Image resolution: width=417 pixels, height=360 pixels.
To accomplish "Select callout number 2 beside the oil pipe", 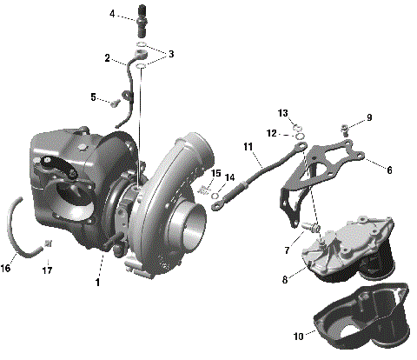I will click(108, 59).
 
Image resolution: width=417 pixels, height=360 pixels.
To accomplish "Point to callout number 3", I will click(171, 55).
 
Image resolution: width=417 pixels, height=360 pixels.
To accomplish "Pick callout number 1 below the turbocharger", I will click(98, 283).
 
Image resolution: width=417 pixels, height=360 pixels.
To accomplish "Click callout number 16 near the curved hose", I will click(6, 269).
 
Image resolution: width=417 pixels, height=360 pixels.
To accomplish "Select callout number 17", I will click(48, 270).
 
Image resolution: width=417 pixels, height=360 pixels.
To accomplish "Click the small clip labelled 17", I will click(49, 243).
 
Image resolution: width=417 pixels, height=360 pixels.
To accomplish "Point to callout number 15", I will click(216, 173).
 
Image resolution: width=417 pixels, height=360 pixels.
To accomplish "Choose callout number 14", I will click(230, 178).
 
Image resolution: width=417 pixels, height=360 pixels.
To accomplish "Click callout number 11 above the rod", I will click(248, 148).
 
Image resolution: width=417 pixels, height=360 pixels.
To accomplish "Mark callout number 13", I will click(283, 114).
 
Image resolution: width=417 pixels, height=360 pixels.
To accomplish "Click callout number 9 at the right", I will click(368, 117).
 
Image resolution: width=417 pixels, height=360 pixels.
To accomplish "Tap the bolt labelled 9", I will click(347, 129).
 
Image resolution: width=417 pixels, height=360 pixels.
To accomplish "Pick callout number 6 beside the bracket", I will click(389, 170).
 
